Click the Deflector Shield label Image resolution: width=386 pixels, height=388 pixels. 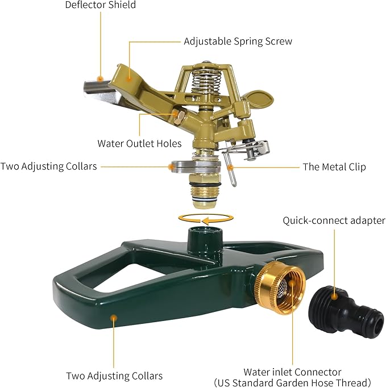tap(100, 5)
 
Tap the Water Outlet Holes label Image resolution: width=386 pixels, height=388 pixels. tap(139, 143)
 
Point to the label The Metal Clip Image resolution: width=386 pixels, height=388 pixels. tap(334, 167)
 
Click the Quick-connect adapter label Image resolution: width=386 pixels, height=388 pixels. tap(334, 220)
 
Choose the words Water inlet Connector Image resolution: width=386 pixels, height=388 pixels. tap(293, 372)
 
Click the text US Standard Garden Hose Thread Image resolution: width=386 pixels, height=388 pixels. tap(293, 382)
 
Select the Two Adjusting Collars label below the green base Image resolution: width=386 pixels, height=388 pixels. tap(114, 376)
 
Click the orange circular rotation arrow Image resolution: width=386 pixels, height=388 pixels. tap(205, 219)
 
